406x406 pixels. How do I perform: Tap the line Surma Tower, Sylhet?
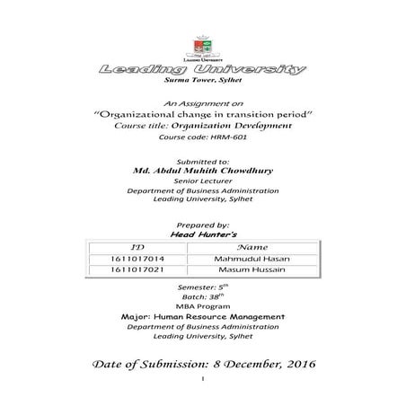click(203, 81)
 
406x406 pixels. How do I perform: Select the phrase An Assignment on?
click(203, 105)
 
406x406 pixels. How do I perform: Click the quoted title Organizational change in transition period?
click(203, 116)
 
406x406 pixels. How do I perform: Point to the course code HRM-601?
click(203, 137)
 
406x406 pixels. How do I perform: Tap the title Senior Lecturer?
click(203, 180)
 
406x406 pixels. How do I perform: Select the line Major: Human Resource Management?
click(203, 317)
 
